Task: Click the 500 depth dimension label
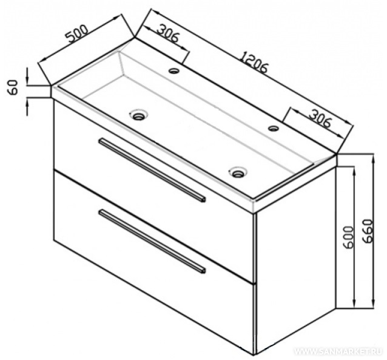tap(77, 34)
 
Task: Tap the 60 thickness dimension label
tap(13, 87)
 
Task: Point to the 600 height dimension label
tap(348, 237)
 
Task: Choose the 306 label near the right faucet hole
tap(320, 119)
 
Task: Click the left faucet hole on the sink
tap(174, 71)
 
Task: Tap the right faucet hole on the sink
tap(274, 128)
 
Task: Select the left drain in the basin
tap(139, 115)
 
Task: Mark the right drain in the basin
tap(238, 172)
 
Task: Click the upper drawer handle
tap(152, 171)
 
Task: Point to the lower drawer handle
tap(152, 242)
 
